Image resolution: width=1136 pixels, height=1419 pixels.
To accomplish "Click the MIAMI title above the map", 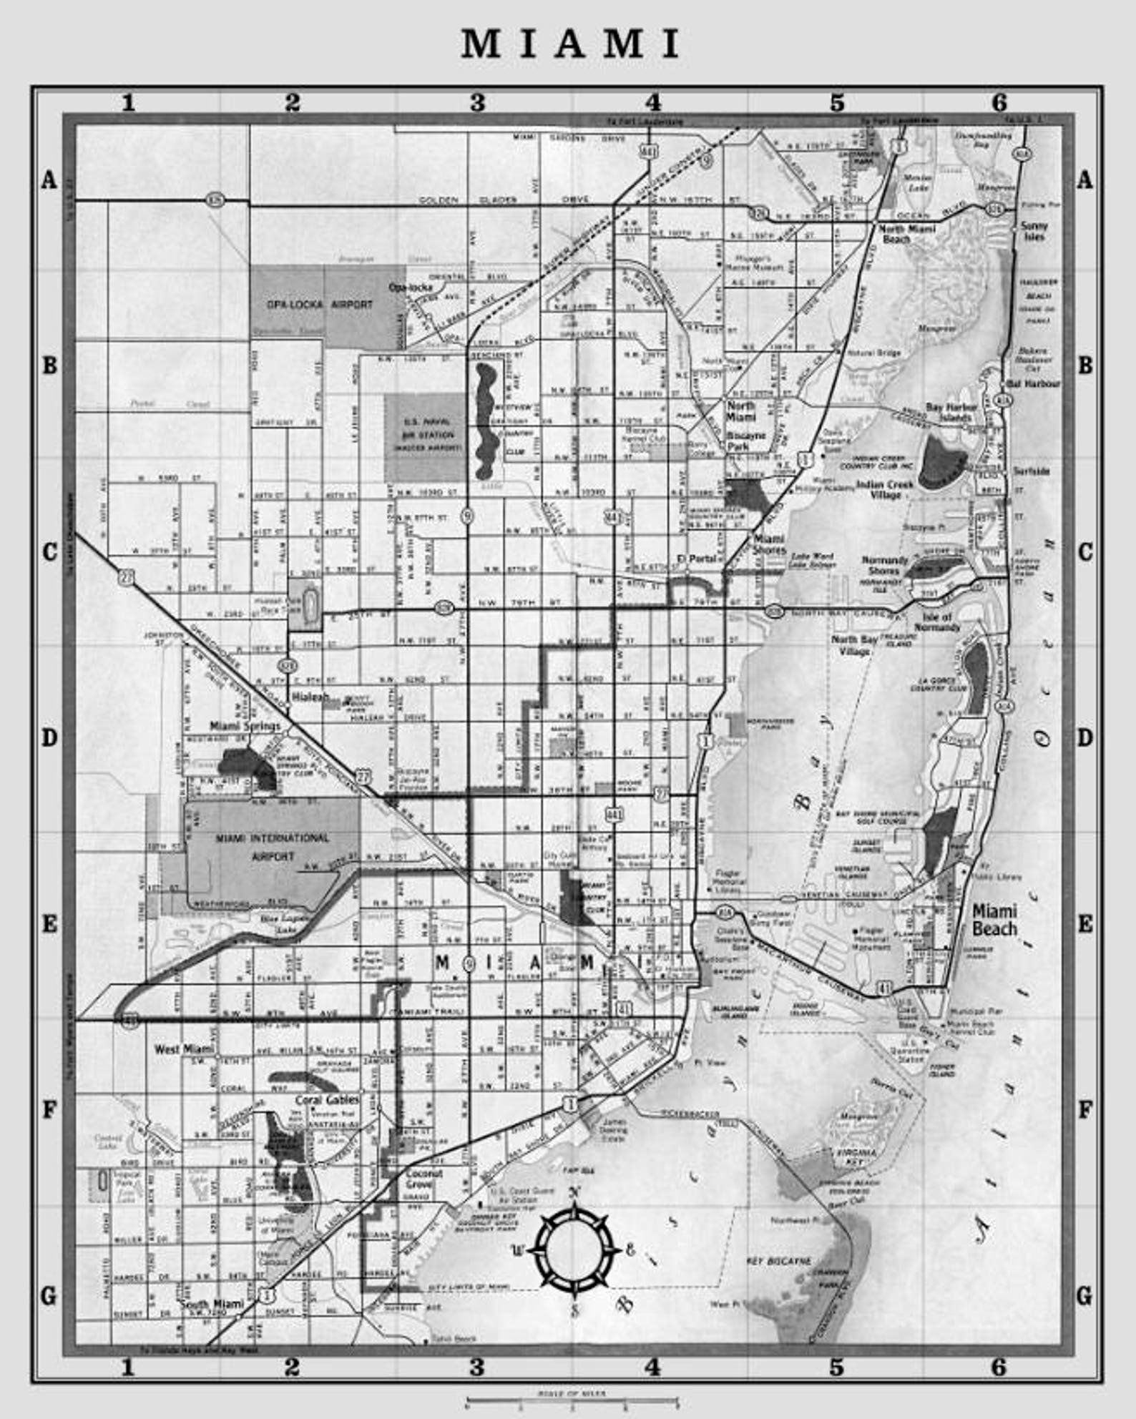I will pyautogui.click(x=570, y=44).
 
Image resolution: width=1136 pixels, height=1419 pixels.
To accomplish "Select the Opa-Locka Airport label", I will pyautogui.click(x=320, y=304).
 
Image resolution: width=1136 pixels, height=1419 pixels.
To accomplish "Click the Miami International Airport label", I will pyautogui.click(x=273, y=846).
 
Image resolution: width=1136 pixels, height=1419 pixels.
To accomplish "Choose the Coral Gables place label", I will pyautogui.click(x=327, y=1100).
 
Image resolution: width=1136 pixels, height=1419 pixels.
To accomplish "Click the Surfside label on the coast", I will pyautogui.click(x=1031, y=471).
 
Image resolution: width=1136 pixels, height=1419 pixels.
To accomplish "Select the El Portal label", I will pyautogui.click(x=697, y=559).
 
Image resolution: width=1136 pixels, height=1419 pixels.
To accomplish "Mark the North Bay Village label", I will pyautogui.click(x=854, y=644).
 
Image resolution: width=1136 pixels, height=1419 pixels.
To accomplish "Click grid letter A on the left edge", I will pyautogui.click(x=49, y=180).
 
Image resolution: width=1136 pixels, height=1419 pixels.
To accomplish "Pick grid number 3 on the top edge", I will pyautogui.click(x=477, y=103).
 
